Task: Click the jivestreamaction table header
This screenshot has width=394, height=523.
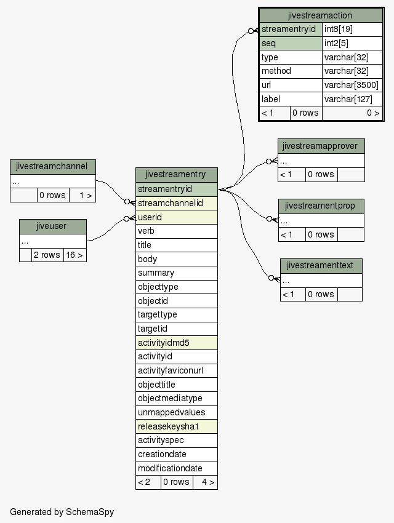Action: (x=321, y=15)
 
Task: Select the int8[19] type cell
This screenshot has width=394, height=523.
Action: (x=352, y=30)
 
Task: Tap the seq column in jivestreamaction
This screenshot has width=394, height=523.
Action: (x=291, y=43)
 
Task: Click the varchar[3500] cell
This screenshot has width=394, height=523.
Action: (x=352, y=85)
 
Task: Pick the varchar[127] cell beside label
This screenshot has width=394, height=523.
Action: (x=352, y=99)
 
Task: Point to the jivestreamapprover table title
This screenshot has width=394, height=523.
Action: (x=321, y=146)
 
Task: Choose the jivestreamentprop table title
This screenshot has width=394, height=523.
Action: (x=321, y=206)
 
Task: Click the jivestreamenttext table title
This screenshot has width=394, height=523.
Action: (x=321, y=266)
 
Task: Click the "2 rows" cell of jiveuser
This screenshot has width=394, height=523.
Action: (x=47, y=255)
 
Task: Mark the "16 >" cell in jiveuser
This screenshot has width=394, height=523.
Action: (x=74, y=255)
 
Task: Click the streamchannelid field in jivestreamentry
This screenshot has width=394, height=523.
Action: (x=177, y=203)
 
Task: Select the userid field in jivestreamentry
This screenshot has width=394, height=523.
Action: (x=177, y=217)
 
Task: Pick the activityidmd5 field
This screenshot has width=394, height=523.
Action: (x=177, y=343)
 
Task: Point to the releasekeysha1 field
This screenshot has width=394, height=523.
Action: (x=177, y=426)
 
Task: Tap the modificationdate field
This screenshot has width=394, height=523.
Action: (x=177, y=468)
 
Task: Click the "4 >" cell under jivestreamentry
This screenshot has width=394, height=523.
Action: (x=205, y=482)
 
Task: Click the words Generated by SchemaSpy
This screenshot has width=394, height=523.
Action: (x=62, y=512)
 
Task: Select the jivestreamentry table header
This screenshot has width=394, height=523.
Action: (x=177, y=175)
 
